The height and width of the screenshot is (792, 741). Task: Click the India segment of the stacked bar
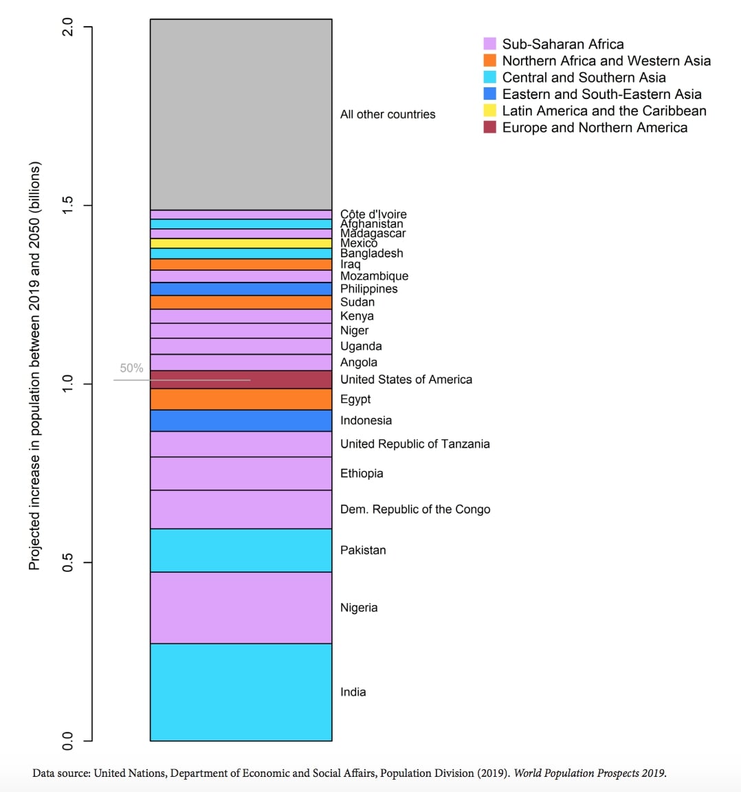click(x=241, y=692)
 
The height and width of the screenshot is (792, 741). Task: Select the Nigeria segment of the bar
click(x=241, y=607)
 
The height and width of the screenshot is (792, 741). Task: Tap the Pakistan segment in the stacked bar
click(x=241, y=550)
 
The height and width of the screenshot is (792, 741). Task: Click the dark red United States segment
click(x=241, y=379)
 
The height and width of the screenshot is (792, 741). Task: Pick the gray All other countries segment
click(x=241, y=114)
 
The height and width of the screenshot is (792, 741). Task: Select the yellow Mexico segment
click(x=241, y=243)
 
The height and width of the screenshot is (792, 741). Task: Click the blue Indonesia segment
click(x=241, y=421)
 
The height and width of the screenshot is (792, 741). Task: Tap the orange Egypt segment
click(x=241, y=399)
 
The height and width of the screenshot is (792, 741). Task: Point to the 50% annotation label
click(x=131, y=368)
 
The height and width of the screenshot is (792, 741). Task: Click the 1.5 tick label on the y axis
click(x=67, y=206)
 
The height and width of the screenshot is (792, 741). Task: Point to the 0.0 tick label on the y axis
click(x=67, y=740)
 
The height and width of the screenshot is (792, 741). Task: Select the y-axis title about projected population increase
click(x=34, y=366)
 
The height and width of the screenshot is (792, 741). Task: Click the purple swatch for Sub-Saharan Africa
click(x=489, y=44)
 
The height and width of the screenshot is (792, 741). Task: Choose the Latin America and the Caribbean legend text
click(x=604, y=111)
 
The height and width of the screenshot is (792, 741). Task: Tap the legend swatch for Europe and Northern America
click(x=489, y=127)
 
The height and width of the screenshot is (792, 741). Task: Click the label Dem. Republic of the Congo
click(x=415, y=509)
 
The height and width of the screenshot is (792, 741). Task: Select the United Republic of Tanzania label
click(x=414, y=444)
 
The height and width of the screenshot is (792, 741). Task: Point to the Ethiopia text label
click(x=362, y=474)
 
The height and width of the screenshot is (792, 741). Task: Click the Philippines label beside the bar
click(x=368, y=289)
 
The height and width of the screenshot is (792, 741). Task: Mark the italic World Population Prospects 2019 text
click(x=590, y=773)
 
